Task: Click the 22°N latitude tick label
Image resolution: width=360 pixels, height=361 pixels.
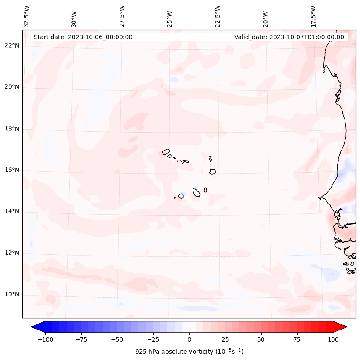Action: pyautogui.click(x=12, y=46)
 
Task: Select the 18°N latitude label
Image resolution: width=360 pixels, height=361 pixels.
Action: pyautogui.click(x=12, y=129)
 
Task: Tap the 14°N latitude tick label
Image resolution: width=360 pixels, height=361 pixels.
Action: pyautogui.click(x=12, y=211)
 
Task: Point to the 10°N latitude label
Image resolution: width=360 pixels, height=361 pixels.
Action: pyautogui.click(x=12, y=295)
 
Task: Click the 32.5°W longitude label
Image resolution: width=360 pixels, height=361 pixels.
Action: pyautogui.click(x=27, y=16)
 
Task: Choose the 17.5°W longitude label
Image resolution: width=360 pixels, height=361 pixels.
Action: pyautogui.click(x=314, y=16)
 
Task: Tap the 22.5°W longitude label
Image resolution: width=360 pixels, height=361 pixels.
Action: pyautogui.click(x=218, y=16)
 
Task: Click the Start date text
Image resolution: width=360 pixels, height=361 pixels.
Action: pyautogui.click(x=83, y=37)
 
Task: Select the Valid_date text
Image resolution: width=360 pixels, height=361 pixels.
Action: pyautogui.click(x=289, y=37)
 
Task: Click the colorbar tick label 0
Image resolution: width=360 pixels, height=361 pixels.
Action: pyautogui.click(x=189, y=339)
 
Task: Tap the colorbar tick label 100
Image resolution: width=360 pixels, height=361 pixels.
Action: pyautogui.click(x=333, y=339)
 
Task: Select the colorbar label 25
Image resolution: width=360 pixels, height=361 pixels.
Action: pyautogui.click(x=225, y=339)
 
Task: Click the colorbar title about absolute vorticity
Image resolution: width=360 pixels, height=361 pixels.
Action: pyautogui.click(x=189, y=352)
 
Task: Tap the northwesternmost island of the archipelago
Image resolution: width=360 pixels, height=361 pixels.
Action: pyautogui.click(x=166, y=152)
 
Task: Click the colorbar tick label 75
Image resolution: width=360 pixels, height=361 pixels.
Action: pyautogui.click(x=297, y=339)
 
